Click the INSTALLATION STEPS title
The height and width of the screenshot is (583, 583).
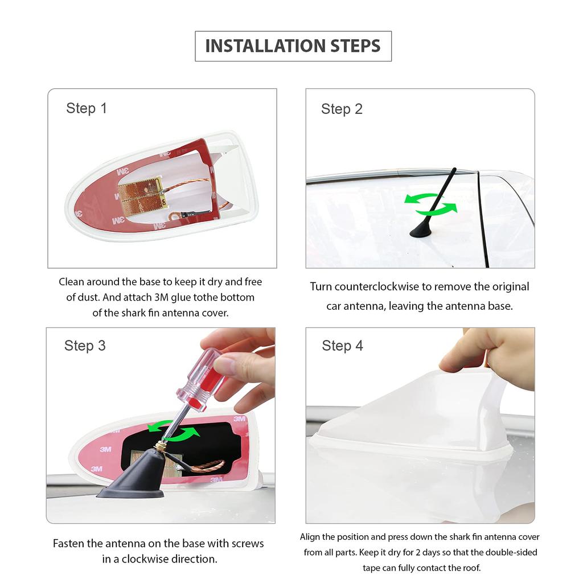(x=293, y=46)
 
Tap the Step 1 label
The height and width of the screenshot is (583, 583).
(x=87, y=108)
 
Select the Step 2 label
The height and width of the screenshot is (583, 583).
(x=342, y=109)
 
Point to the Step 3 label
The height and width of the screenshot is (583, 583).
(x=85, y=346)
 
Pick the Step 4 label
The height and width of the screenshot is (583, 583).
(x=342, y=346)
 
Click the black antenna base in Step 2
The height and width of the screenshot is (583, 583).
(x=421, y=231)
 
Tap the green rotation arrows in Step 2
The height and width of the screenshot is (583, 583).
(x=431, y=204)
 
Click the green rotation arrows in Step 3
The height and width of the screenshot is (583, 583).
(x=173, y=430)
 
